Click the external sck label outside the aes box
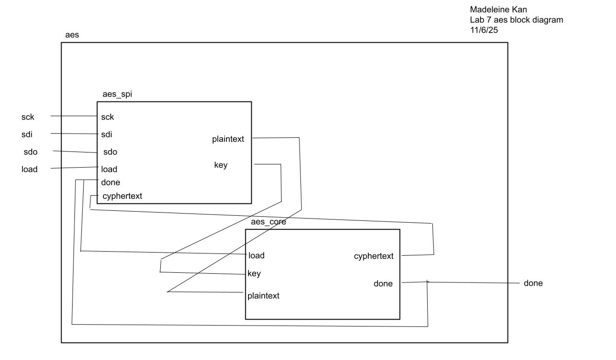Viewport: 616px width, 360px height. tap(28, 117)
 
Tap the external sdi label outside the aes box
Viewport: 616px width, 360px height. tap(27, 135)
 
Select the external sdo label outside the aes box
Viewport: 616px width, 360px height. tap(30, 152)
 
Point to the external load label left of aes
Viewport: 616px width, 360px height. tap(29, 169)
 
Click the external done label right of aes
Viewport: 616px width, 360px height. tap(533, 283)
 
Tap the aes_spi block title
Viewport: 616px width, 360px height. tap(118, 95)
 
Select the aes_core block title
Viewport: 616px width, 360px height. tap(268, 222)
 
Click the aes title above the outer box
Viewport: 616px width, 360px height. tap(73, 35)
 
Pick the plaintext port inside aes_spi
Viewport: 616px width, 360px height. tap(228, 139)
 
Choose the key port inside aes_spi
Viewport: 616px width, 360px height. tap(220, 165)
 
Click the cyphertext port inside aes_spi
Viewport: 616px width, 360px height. tap(122, 196)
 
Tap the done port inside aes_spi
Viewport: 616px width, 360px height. tap(110, 182)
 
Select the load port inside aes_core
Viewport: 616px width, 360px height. tap(256, 255)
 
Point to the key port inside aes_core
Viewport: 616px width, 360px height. tap(254, 274)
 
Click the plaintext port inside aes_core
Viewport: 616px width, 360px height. tap(263, 296)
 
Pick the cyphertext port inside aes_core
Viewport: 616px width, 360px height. tap(373, 256)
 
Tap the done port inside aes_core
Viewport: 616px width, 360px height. tap(383, 284)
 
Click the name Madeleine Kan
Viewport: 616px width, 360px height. tap(492, 9)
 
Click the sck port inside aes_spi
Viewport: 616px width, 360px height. tap(107, 117)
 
